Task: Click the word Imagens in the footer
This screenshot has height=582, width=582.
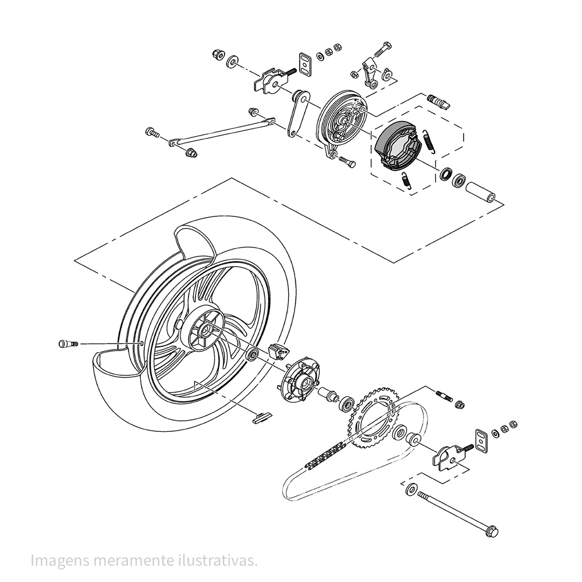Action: coord(55,560)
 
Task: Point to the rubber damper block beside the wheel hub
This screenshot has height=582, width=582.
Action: coord(278,350)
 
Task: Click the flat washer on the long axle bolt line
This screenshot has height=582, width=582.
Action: coord(411,488)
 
